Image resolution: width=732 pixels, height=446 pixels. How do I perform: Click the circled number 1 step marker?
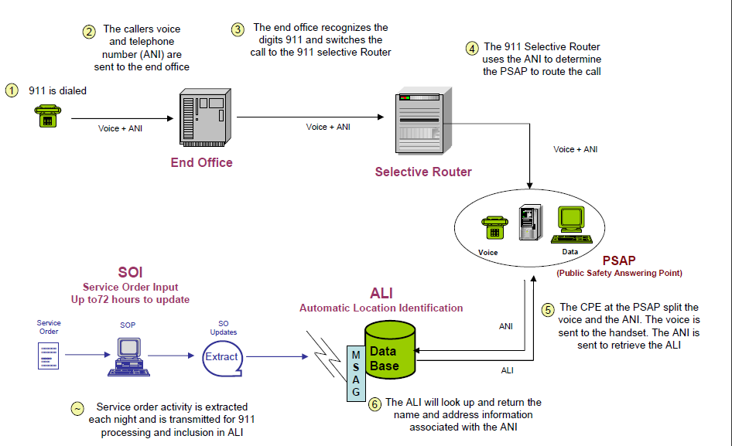tap(12, 90)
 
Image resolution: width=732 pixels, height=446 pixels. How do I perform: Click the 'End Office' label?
tap(202, 162)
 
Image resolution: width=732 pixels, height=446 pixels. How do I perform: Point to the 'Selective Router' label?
tap(423, 172)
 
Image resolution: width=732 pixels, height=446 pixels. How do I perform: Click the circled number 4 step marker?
tap(472, 48)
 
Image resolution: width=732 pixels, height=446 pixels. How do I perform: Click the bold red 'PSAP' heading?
tap(618, 261)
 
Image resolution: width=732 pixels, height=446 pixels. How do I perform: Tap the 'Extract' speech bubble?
tap(221, 357)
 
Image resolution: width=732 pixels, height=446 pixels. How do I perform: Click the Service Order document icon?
tap(48, 356)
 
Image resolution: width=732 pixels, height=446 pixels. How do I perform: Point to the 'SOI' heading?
tap(130, 272)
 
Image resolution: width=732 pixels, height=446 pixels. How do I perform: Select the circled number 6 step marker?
tap(375, 403)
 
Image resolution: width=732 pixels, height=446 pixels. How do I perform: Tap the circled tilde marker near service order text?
tap(77, 408)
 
